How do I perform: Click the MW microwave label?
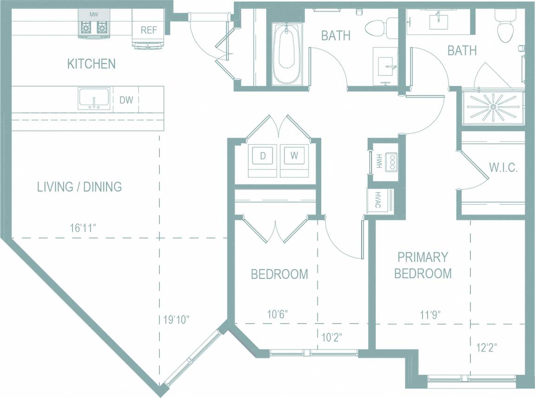94,14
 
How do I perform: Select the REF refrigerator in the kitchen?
149,30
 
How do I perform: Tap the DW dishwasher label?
125,99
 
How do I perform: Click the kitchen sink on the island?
94,98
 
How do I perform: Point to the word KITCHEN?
91,64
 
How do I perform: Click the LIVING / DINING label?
79,187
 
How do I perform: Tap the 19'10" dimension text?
176,320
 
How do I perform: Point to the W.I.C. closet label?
503,168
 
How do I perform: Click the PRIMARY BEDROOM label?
423,265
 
